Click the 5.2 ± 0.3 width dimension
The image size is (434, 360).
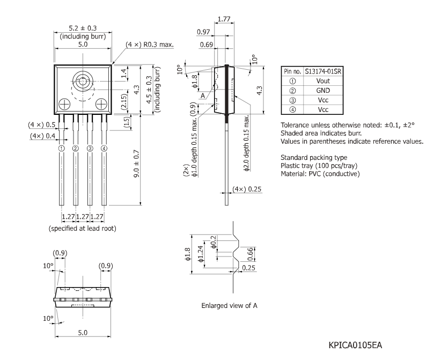point(83,28)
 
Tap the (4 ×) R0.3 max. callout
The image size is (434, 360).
point(150,44)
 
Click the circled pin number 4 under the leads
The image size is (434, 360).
point(104,149)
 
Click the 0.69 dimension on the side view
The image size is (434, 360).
point(204,45)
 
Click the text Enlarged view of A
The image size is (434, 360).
point(229,306)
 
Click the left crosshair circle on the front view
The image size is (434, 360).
point(63,103)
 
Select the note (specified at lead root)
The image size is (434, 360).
point(83,227)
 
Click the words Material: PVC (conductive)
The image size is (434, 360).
point(320,174)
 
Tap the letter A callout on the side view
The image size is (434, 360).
point(203,96)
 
